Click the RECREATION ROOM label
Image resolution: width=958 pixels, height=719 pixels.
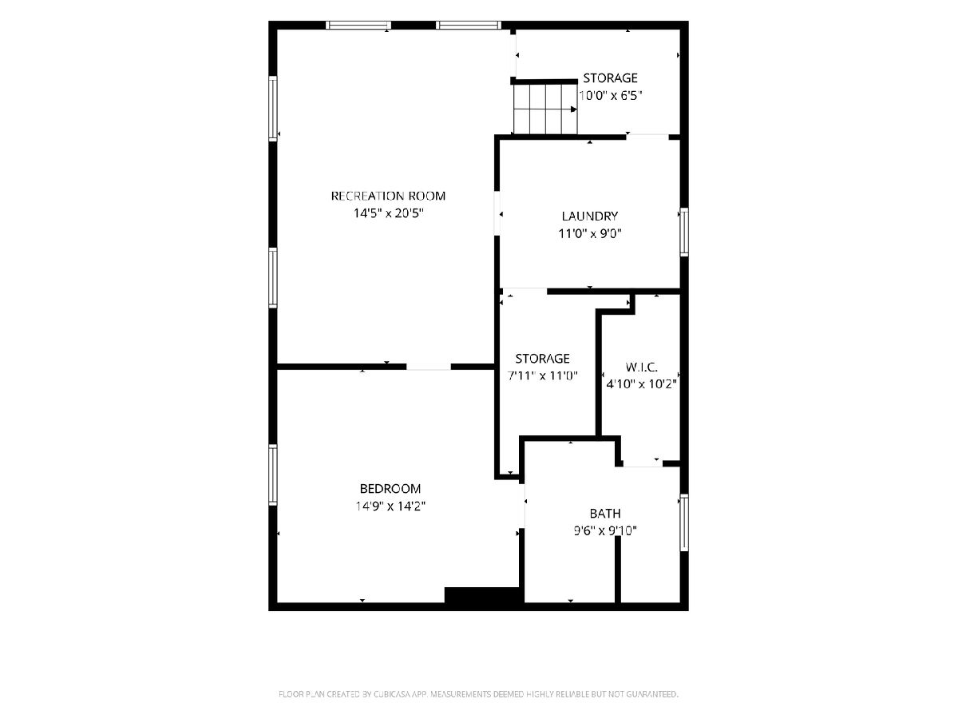[388, 196]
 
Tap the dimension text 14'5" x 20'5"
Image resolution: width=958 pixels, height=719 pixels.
[389, 213]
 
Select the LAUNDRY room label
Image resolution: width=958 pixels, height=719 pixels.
[590, 216]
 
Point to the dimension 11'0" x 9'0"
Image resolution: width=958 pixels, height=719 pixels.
[590, 233]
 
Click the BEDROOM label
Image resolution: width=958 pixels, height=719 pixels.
[390, 488]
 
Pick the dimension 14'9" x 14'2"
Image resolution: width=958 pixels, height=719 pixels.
[390, 506]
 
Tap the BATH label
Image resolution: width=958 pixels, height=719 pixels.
[605, 514]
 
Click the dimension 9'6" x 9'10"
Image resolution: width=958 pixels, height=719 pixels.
[605, 530]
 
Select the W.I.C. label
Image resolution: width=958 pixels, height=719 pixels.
[641, 367]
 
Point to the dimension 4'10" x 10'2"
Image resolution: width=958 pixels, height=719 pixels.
[641, 384]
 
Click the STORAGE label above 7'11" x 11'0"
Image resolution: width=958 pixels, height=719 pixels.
[543, 359]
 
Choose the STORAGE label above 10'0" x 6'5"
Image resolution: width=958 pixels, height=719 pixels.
[610, 78]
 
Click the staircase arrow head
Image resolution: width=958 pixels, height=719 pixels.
[573, 109]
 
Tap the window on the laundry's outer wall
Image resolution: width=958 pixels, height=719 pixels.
[684, 232]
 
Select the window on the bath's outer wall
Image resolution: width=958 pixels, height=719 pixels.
[684, 522]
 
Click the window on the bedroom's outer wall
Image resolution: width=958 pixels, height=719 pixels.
[273, 475]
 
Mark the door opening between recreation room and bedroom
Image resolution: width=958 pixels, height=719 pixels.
[429, 367]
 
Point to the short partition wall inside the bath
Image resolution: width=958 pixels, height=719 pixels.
[618, 570]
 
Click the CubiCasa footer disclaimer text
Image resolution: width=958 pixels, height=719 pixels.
[478, 693]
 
